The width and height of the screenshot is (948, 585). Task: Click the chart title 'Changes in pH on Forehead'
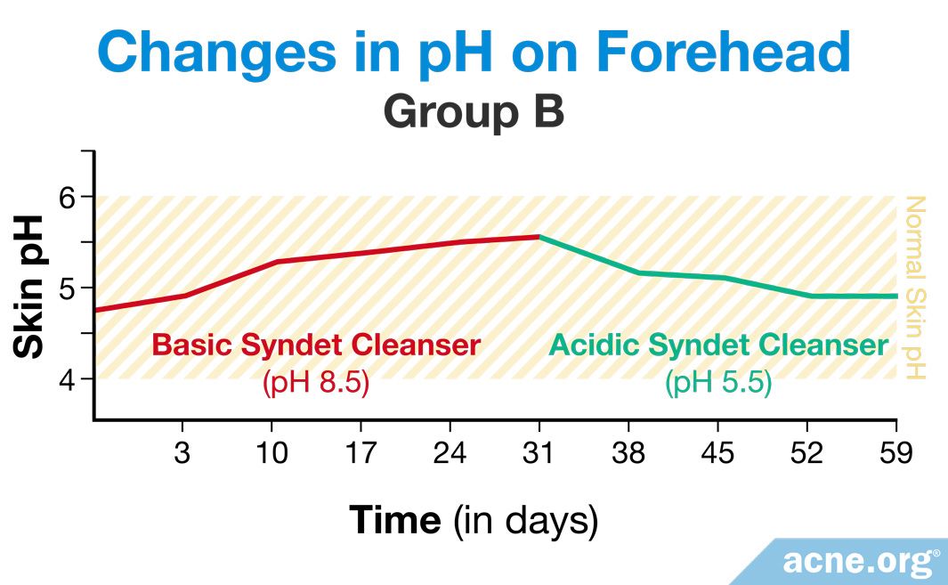click(x=474, y=53)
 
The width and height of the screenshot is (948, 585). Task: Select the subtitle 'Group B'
click(x=474, y=112)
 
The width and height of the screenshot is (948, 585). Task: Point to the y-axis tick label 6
click(x=69, y=197)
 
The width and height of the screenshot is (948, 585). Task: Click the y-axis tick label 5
click(x=69, y=288)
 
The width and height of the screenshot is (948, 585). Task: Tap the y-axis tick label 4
click(x=69, y=379)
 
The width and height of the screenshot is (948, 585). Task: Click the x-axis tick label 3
click(x=182, y=452)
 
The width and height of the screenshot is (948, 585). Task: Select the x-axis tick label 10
click(x=271, y=452)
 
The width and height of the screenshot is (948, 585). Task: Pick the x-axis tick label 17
click(x=361, y=452)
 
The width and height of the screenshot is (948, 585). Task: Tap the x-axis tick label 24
click(x=450, y=452)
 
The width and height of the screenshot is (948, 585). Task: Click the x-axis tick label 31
click(x=538, y=452)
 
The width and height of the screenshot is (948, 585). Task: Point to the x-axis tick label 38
click(x=628, y=452)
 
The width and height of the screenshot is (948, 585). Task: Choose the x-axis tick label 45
click(x=717, y=452)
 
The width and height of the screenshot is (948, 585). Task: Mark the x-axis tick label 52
click(x=806, y=452)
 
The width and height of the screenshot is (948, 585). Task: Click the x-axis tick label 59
click(x=896, y=452)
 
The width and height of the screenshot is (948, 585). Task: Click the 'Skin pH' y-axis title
click(x=28, y=286)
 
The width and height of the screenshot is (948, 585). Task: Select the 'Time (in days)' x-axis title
click(x=474, y=520)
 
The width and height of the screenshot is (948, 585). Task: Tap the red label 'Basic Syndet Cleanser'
click(x=316, y=345)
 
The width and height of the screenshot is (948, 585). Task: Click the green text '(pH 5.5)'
click(x=719, y=382)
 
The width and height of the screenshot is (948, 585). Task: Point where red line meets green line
click(x=539, y=237)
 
